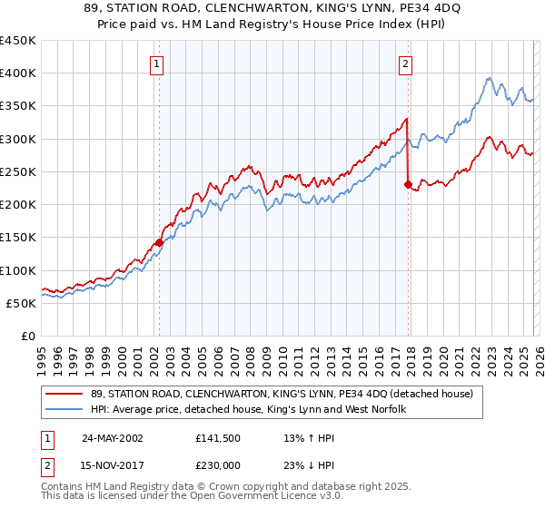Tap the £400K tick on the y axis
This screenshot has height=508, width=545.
(x=18, y=73)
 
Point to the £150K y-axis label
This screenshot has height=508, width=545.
(x=18, y=238)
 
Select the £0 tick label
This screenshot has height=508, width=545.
(x=27, y=337)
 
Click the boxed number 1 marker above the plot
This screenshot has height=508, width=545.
(x=158, y=63)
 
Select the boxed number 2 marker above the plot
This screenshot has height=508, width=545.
(x=405, y=63)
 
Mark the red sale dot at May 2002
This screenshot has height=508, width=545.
(x=159, y=243)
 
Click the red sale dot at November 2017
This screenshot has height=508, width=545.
(x=408, y=184)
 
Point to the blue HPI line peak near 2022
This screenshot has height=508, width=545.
(x=489, y=78)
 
